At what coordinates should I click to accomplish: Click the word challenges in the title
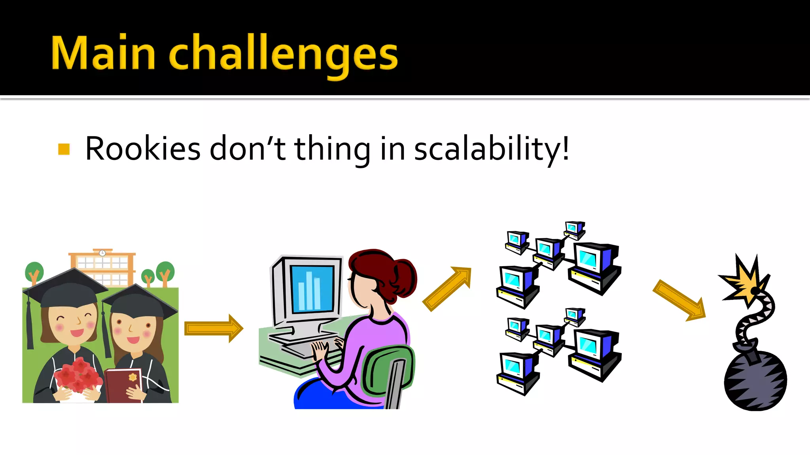pos(283,55)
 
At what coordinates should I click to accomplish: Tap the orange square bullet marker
pos(64,149)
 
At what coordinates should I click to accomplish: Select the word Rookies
pos(143,149)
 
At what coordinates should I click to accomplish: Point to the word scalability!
pos(491,149)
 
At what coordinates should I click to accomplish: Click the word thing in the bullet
pos(332,149)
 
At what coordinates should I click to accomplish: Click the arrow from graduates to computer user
pos(214,328)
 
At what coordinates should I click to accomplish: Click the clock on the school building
pos(102,253)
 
